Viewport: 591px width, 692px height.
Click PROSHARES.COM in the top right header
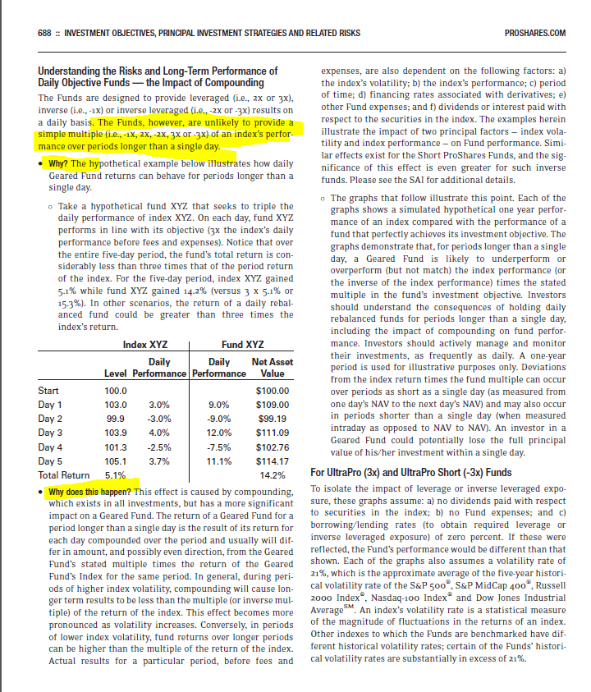click(x=538, y=33)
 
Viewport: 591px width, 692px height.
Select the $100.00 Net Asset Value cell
click(x=273, y=390)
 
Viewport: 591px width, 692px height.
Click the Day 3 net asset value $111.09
click(x=273, y=433)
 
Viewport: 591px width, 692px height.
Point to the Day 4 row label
click(x=51, y=447)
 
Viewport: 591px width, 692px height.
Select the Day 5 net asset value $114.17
click(x=273, y=461)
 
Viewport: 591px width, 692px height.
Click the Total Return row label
click(x=63, y=475)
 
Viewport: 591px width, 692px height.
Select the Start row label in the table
click(x=49, y=390)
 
